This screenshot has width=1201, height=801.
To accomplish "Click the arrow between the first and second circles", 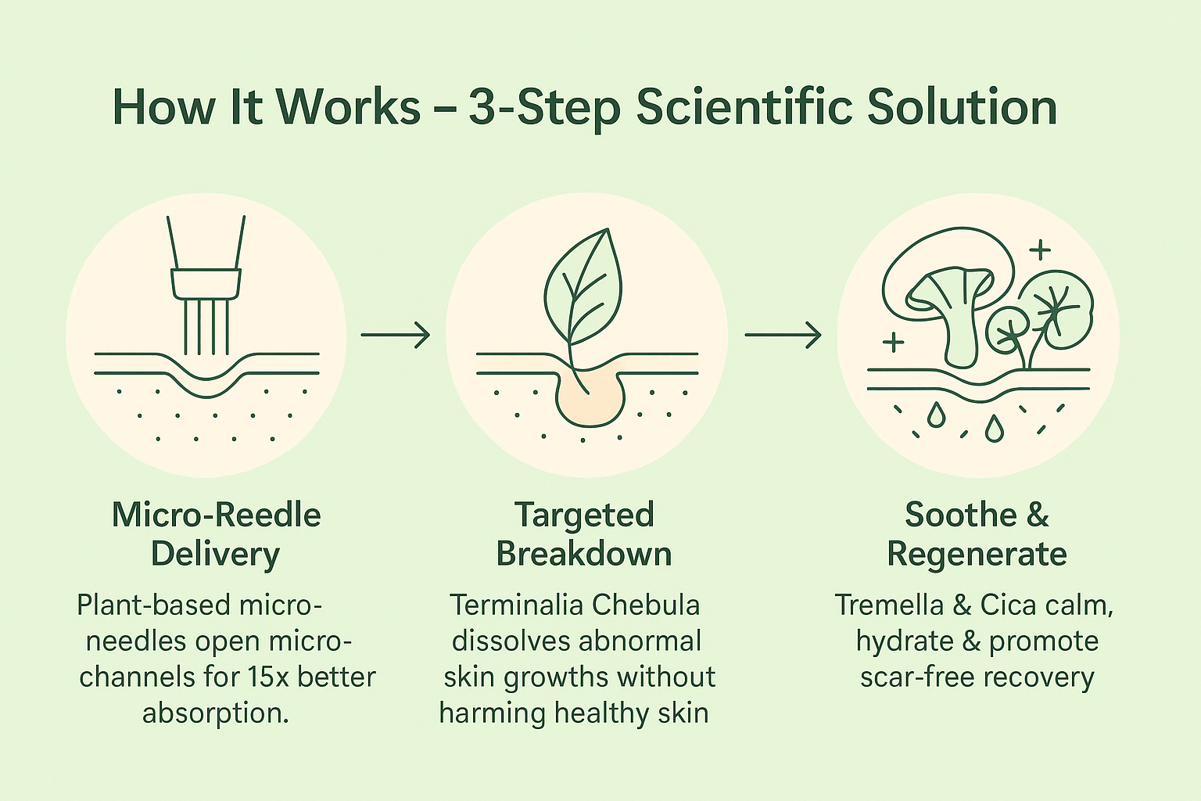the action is tap(395, 335).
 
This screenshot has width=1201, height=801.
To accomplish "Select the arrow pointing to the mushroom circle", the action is tap(783, 335).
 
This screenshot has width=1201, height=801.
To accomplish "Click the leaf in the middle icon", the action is tap(583, 287).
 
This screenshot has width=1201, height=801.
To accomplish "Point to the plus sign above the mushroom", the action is tap(1040, 250).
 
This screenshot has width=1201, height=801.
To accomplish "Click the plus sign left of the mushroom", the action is tap(893, 342).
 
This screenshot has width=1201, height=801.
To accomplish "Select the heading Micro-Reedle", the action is tap(216, 515).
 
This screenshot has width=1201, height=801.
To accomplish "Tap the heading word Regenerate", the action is tap(977, 555).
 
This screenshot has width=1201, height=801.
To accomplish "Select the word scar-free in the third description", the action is tap(917, 677).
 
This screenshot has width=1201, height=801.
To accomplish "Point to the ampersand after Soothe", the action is tap(1036, 515).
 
